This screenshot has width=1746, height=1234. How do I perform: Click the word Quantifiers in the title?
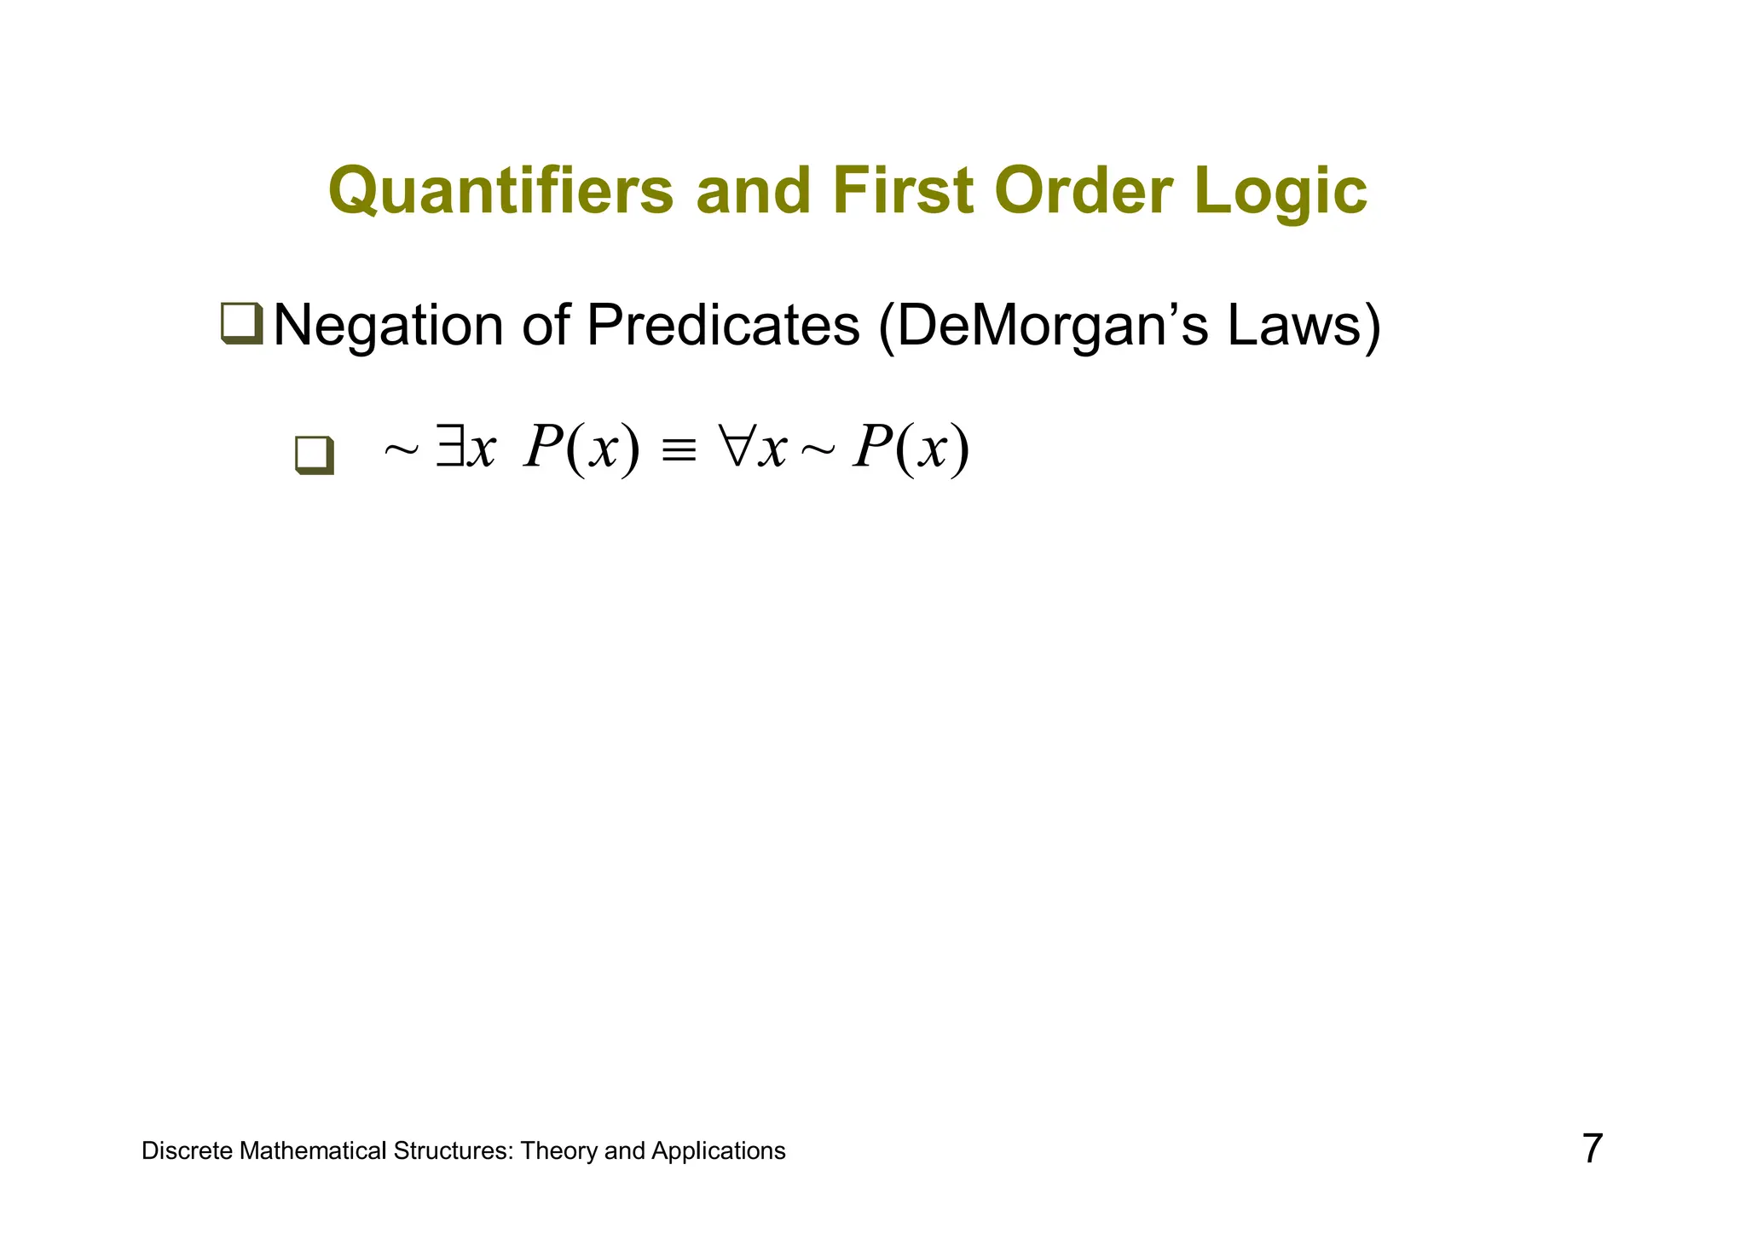pyautogui.click(x=500, y=192)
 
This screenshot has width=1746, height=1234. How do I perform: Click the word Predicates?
pyautogui.click(x=723, y=326)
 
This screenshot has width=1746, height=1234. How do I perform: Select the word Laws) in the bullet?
pyautogui.click(x=1304, y=326)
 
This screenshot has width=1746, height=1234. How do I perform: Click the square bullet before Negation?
pyautogui.click(x=241, y=324)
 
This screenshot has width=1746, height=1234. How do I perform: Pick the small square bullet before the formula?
pyautogui.click(x=314, y=454)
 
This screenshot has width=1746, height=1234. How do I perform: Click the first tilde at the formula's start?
pyautogui.click(x=401, y=450)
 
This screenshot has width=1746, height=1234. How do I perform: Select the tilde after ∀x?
pyautogui.click(x=818, y=450)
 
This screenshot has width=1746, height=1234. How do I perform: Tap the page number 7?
pyautogui.click(x=1592, y=1149)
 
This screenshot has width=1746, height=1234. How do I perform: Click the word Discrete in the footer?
pyautogui.click(x=187, y=1151)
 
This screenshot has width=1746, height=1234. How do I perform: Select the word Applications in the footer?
pyautogui.click(x=718, y=1151)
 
